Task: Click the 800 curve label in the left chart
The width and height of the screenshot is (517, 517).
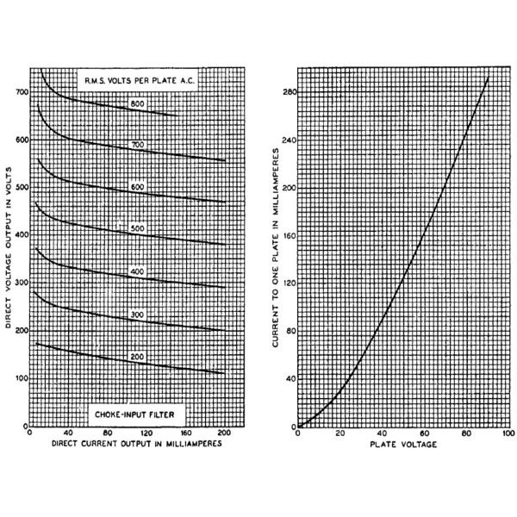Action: (136, 104)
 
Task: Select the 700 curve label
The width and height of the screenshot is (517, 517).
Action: (136, 145)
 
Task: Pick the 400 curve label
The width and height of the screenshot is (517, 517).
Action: (136, 272)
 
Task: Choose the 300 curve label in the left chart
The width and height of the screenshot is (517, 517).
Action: (136, 315)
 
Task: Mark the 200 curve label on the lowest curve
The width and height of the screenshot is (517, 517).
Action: (136, 356)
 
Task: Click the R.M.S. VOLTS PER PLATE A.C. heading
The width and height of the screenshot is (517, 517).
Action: (131, 82)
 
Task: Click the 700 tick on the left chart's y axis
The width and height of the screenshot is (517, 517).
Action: (19, 91)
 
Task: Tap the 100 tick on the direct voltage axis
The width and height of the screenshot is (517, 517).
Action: (19, 378)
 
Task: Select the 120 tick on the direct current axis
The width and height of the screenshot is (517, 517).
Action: (146, 433)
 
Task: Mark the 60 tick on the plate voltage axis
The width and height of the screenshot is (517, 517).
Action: (426, 433)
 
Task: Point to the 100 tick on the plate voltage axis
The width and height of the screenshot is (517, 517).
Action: (509, 433)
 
